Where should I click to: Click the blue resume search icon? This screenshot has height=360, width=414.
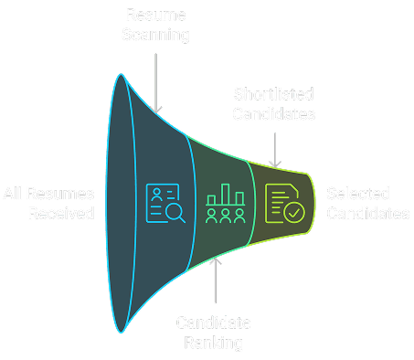(165, 204)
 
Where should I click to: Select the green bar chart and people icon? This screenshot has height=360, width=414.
(224, 204)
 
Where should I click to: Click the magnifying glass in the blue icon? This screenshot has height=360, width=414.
(175, 214)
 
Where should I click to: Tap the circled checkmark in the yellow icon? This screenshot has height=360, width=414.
(292, 213)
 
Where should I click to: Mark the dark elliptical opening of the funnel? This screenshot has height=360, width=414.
(121, 204)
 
